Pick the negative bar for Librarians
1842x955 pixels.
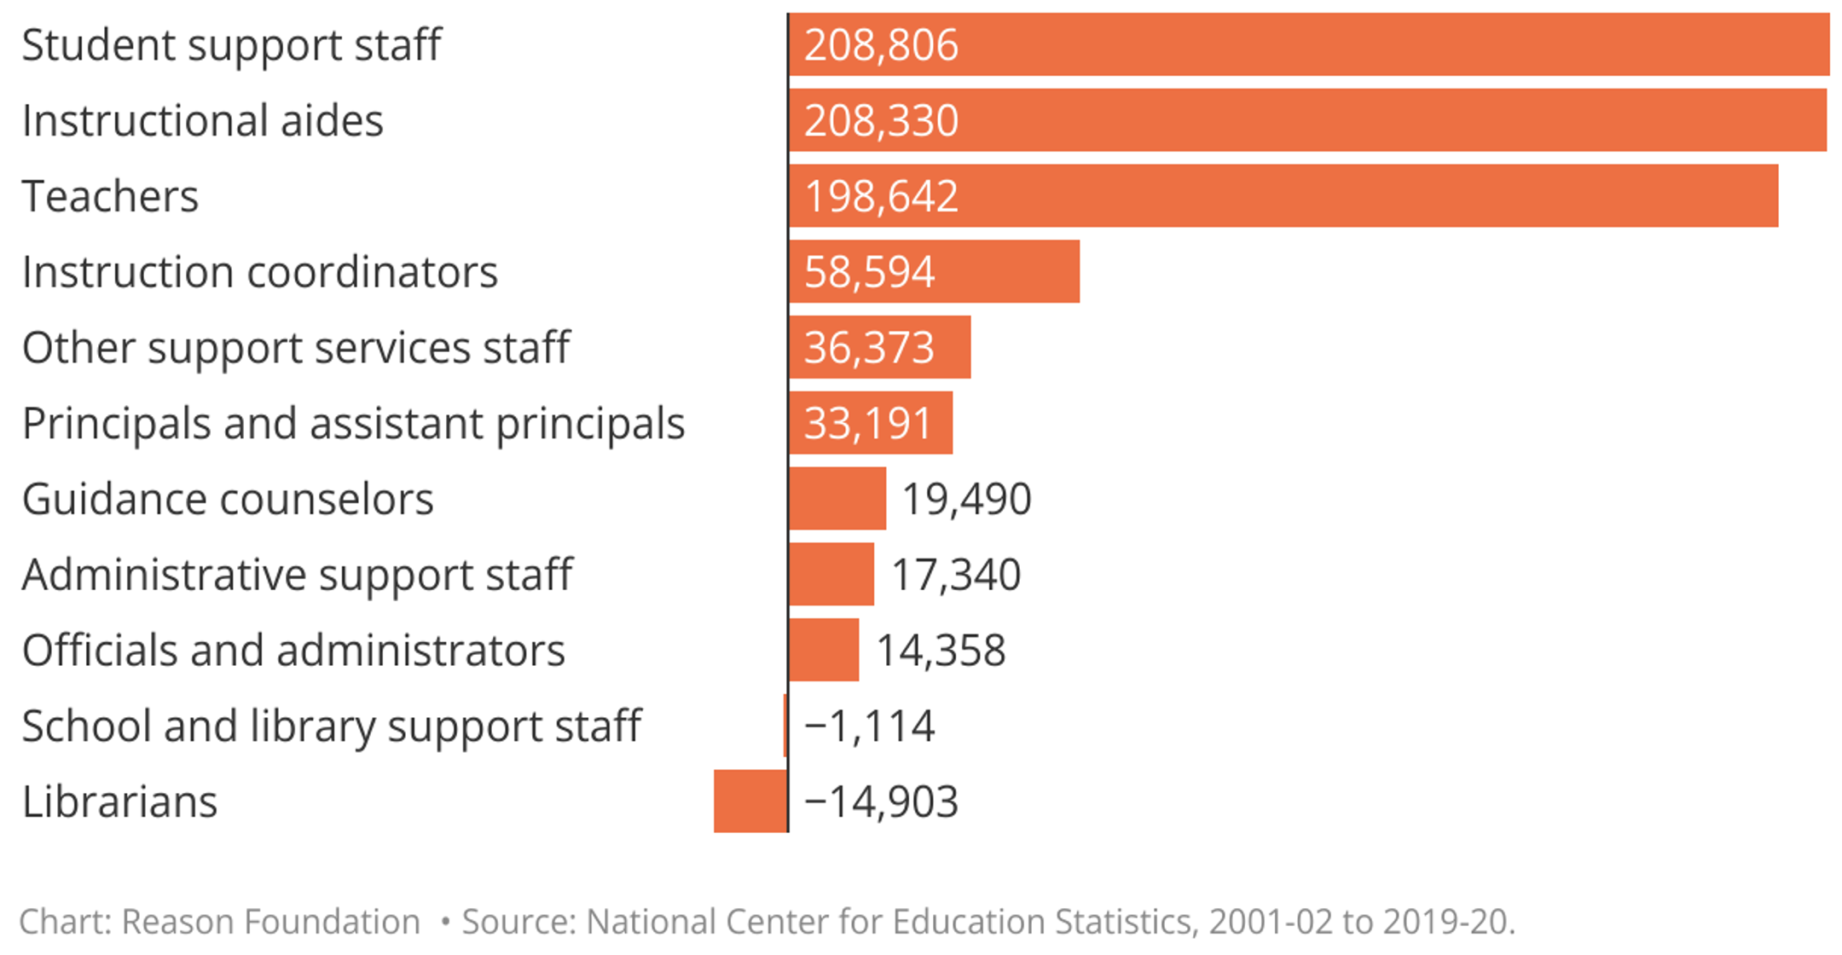(x=750, y=802)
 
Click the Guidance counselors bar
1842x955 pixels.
(x=837, y=499)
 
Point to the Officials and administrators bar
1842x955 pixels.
(x=824, y=650)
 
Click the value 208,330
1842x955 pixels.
(x=881, y=120)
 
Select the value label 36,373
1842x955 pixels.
(x=869, y=348)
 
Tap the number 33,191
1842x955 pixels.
(x=867, y=424)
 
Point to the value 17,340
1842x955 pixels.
(x=955, y=575)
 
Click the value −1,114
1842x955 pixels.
(x=869, y=726)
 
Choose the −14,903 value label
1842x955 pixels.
(x=881, y=802)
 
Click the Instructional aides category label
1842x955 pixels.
(x=203, y=120)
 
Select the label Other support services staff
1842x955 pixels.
(x=296, y=348)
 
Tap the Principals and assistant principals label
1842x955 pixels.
(x=353, y=424)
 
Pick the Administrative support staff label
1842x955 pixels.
(x=298, y=575)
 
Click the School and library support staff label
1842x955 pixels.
(x=332, y=726)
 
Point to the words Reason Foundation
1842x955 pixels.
(x=270, y=922)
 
